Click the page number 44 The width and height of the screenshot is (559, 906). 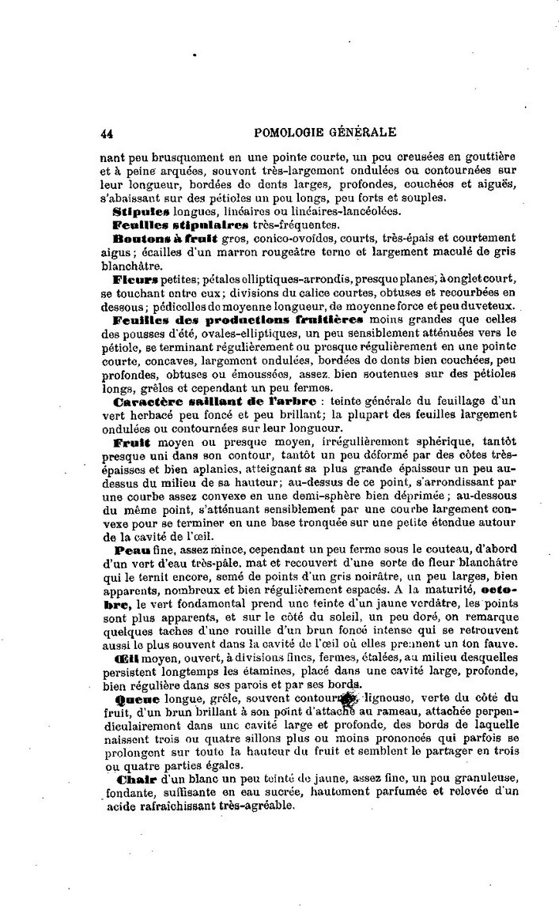tap(107, 134)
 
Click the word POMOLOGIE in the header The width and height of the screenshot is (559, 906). tap(289, 133)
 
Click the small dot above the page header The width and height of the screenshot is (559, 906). tap(195, 55)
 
